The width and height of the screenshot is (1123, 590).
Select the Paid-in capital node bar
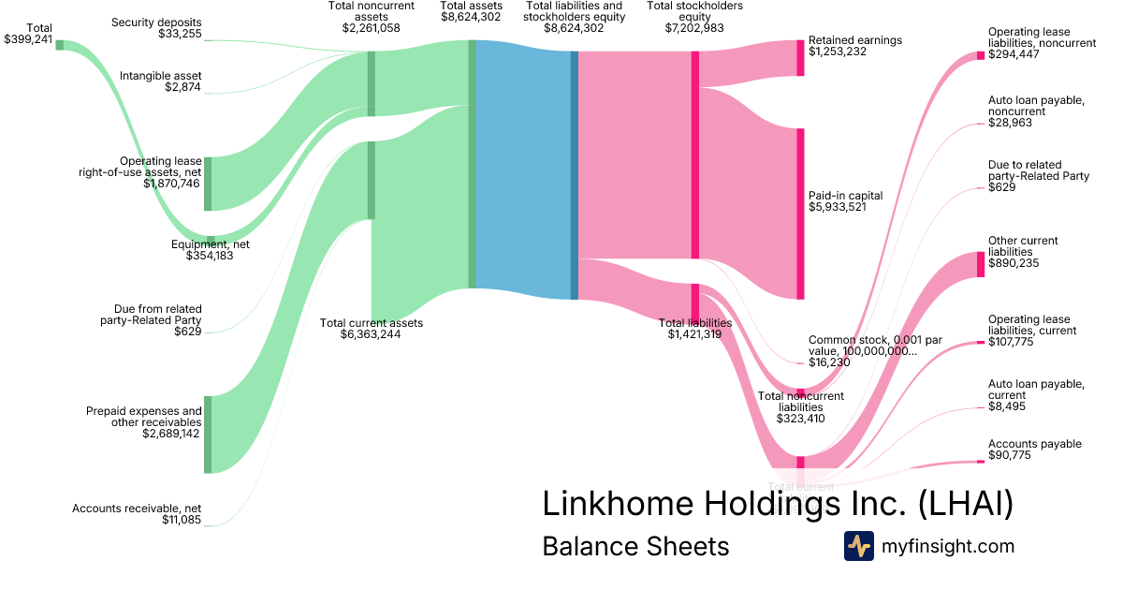[800, 214]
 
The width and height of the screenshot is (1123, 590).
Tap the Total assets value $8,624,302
[471, 17]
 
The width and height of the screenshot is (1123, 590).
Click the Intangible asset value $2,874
[182, 87]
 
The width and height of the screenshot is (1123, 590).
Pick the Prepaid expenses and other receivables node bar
[208, 435]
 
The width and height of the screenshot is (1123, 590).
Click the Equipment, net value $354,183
[210, 256]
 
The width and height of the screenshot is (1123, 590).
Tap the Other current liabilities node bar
[980, 264]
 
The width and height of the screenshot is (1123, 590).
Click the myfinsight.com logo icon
[858, 546]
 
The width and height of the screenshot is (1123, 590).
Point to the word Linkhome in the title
[619, 504]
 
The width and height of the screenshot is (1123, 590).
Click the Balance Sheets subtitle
[635, 546]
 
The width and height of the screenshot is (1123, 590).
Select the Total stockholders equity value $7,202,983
[694, 28]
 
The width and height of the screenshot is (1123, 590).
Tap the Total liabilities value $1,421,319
[694, 334]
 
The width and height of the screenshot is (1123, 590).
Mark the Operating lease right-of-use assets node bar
[208, 184]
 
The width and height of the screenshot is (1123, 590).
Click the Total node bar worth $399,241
[60, 45]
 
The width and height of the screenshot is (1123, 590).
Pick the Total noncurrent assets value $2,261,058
[372, 28]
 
